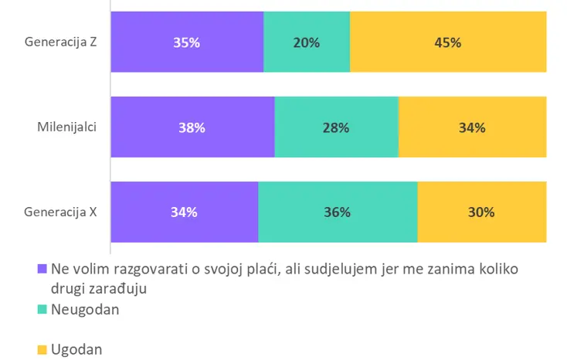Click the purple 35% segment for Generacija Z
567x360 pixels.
coord(187,42)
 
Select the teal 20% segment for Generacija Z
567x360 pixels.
coord(307,42)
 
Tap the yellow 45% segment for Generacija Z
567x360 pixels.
coord(448,42)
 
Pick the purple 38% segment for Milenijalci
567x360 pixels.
coord(192,127)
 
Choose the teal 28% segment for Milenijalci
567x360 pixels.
coord(337,127)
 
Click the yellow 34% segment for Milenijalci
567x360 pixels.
coord(472,127)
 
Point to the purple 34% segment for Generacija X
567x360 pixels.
coord(184,212)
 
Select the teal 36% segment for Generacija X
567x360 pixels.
coord(338,212)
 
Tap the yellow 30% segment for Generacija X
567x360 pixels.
coord(481,212)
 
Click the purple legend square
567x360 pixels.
coord(42,270)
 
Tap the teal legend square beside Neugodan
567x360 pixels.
coord(42,310)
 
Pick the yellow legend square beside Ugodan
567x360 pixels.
coord(42,350)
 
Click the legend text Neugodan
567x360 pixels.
coord(84,309)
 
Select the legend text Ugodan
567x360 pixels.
coord(76,350)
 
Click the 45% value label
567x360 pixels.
coord(448,42)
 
